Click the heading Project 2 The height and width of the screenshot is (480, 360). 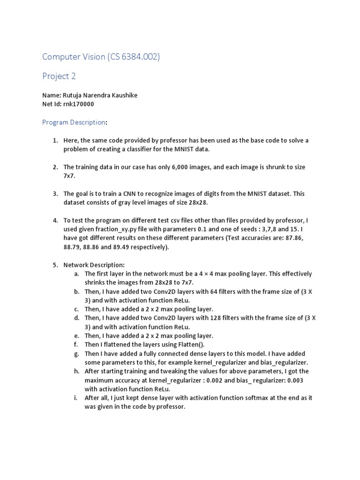click(x=59, y=76)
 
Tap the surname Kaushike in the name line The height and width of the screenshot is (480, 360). click(x=123, y=95)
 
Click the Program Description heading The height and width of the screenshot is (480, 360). click(x=74, y=122)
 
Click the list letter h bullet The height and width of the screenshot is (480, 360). click(x=76, y=371)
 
